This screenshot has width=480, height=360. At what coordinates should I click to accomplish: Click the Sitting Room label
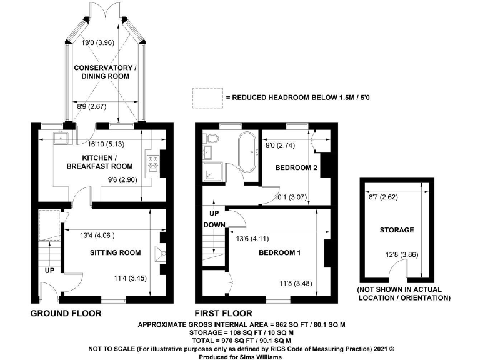[116, 252]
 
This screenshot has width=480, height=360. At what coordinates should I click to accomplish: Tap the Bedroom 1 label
[279, 252]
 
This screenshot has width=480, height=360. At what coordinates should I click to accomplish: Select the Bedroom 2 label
[296, 167]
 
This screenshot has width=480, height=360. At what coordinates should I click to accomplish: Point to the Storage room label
[397, 230]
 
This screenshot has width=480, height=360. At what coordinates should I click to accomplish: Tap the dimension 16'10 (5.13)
[106, 144]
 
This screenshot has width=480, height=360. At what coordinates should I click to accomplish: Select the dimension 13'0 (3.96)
[97, 42]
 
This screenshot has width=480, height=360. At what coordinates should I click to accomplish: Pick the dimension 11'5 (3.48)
[296, 284]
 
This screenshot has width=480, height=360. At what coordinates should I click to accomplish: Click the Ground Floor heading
[66, 314]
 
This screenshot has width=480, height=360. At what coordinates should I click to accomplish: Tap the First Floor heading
[224, 314]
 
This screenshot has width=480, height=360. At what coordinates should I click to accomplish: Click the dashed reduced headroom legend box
[207, 98]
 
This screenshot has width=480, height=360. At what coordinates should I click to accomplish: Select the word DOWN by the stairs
[214, 225]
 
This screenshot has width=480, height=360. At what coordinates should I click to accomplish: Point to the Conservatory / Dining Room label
[105, 72]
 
